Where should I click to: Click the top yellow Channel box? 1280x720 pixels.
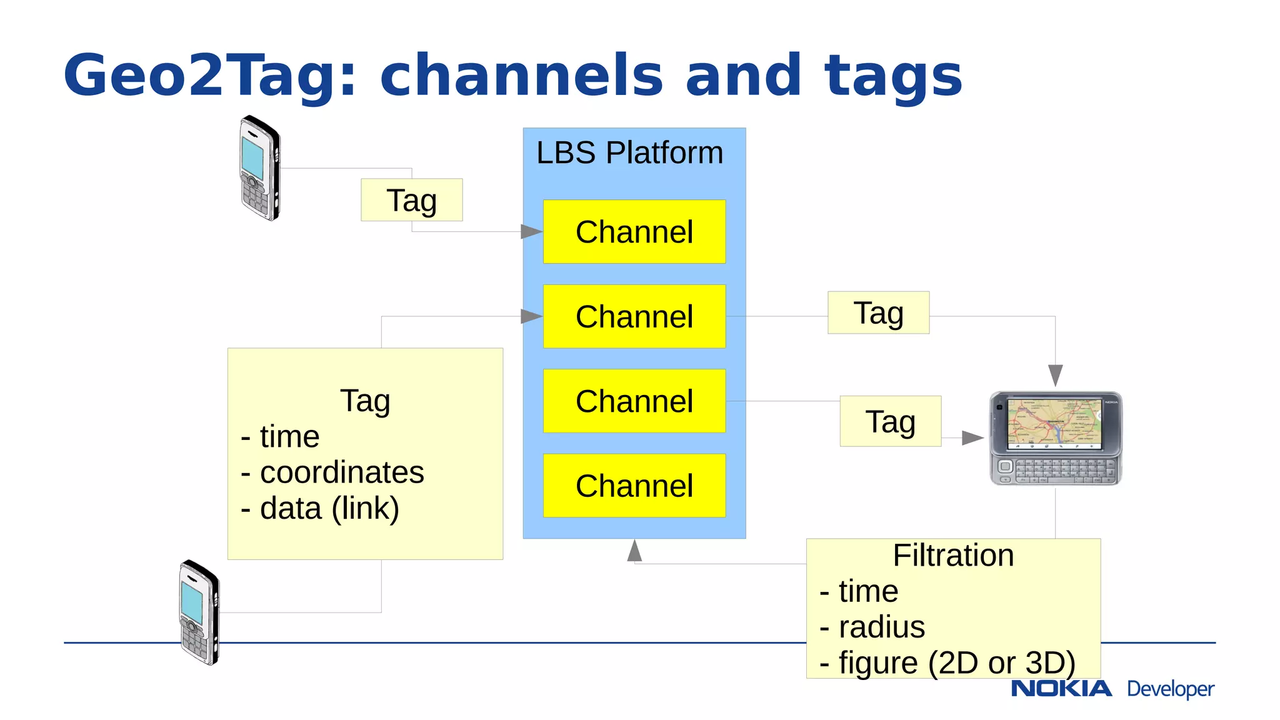click(x=634, y=232)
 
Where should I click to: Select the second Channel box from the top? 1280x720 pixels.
click(x=634, y=316)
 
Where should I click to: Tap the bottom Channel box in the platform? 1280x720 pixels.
click(x=634, y=486)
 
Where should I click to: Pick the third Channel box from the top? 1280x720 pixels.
click(x=634, y=401)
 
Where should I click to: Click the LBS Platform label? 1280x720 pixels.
click(x=629, y=153)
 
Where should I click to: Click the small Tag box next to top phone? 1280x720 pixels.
click(x=411, y=200)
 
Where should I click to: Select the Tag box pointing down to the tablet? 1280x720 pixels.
click(x=878, y=312)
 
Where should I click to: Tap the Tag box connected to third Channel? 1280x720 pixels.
click(x=890, y=421)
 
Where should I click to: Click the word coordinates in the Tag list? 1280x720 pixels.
click(x=342, y=472)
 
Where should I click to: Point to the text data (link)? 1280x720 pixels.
click(x=329, y=508)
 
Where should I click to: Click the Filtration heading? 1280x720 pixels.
click(x=952, y=556)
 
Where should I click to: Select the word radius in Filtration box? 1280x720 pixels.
click(x=881, y=627)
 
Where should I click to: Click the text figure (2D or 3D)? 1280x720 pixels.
click(x=956, y=662)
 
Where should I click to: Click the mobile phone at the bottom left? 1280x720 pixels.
click(x=199, y=612)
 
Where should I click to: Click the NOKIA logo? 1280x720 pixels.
click(x=1061, y=689)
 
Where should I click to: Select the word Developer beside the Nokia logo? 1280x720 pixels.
click(x=1170, y=689)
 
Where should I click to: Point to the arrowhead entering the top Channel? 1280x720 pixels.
click(x=531, y=232)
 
